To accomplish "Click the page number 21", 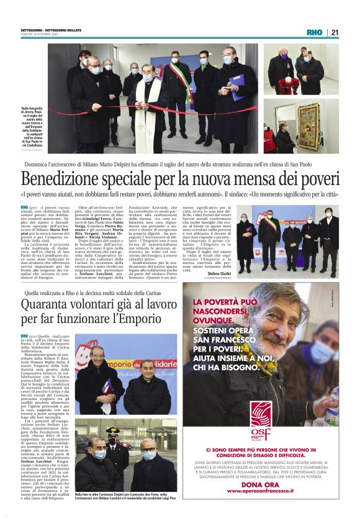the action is click(x=335, y=32).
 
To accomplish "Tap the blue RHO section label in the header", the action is click(x=315, y=32).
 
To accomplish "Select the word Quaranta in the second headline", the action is click(x=48, y=305).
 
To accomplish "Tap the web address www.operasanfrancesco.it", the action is click(x=260, y=491).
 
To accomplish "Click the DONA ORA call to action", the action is click(x=260, y=483).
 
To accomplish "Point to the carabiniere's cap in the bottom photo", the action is click(x=112, y=430).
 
